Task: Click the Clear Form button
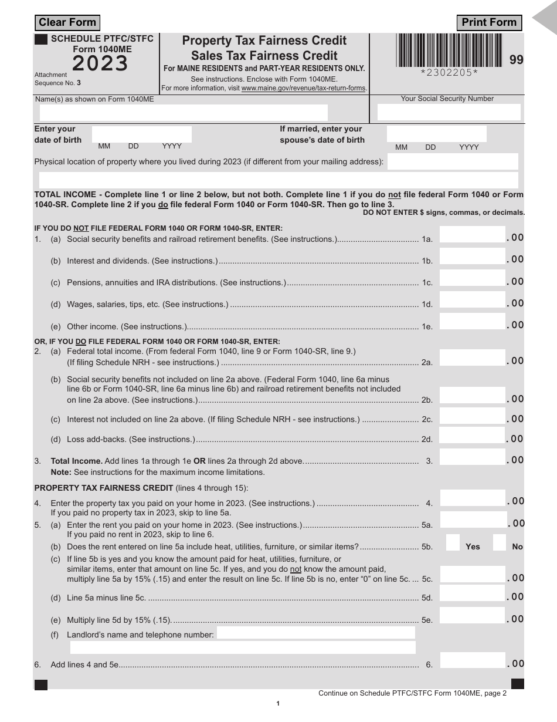pyautogui.click(x=67, y=23)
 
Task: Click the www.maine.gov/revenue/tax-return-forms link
pyautogui.click(x=304, y=88)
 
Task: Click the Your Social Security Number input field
pyautogui.click(x=449, y=112)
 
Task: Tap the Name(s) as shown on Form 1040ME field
pyautogui.click(x=181, y=112)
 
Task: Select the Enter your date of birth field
pyautogui.click(x=141, y=134)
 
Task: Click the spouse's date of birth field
pyautogui.click(x=437, y=134)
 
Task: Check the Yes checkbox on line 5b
pyautogui.click(x=453, y=542)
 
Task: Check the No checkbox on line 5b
pyautogui.click(x=500, y=542)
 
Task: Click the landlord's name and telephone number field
pyautogui.click(x=316, y=633)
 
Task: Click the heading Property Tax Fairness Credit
pyautogui.click(x=264, y=41)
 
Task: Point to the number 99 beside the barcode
pyautogui.click(x=516, y=59)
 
